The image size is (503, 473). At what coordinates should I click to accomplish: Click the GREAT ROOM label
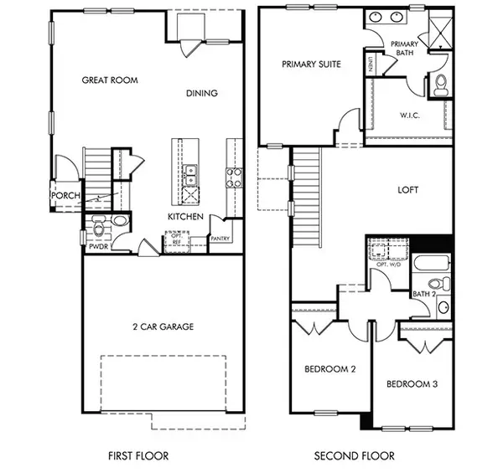109,80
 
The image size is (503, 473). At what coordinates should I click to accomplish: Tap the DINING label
201,94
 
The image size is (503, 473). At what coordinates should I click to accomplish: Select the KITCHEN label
184,217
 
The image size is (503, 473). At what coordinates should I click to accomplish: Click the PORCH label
65,196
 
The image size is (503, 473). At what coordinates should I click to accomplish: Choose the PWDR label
98,248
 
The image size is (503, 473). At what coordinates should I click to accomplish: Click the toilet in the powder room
99,226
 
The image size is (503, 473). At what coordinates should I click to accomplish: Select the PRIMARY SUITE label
311,64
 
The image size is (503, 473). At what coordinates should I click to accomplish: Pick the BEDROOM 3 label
412,384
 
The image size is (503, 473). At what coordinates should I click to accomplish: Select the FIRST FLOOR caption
139,456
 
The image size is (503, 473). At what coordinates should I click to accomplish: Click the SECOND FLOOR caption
354,456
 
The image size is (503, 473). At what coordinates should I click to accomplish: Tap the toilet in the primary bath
440,83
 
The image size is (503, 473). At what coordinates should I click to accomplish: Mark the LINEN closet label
369,64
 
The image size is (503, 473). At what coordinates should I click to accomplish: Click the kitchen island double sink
190,172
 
